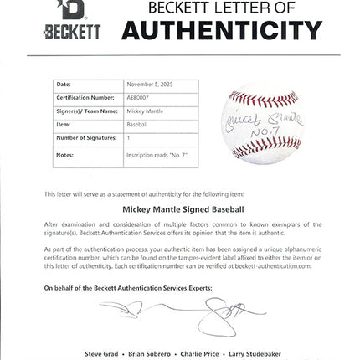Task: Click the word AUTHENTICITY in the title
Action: (x=222, y=31)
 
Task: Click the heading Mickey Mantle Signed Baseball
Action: (x=179, y=209)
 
